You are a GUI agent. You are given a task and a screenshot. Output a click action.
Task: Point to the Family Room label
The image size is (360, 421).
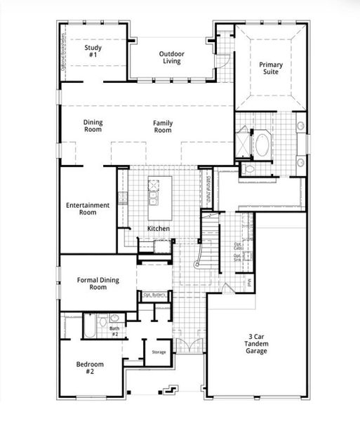(x=163, y=127)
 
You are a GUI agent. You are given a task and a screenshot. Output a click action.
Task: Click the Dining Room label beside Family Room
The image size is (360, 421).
(x=93, y=126)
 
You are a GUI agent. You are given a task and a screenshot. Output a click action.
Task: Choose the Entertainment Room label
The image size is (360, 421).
(x=88, y=208)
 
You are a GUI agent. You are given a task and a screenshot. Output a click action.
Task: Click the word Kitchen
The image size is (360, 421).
(x=158, y=229)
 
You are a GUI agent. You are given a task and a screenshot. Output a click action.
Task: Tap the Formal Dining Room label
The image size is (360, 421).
(x=98, y=283)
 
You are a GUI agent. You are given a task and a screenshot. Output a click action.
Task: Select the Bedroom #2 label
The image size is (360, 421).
(x=90, y=368)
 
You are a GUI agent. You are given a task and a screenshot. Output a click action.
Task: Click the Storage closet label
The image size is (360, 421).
(x=159, y=352)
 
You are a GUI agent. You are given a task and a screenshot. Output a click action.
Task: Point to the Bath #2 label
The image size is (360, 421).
(x=114, y=330)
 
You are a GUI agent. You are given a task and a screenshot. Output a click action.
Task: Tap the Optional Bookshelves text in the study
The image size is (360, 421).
(x=64, y=51)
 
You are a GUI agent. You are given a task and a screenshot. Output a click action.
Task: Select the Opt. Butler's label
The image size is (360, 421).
(x=154, y=295)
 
